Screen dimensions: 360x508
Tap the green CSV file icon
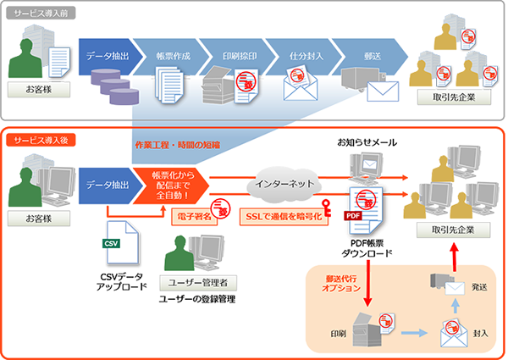tap(112, 243)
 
